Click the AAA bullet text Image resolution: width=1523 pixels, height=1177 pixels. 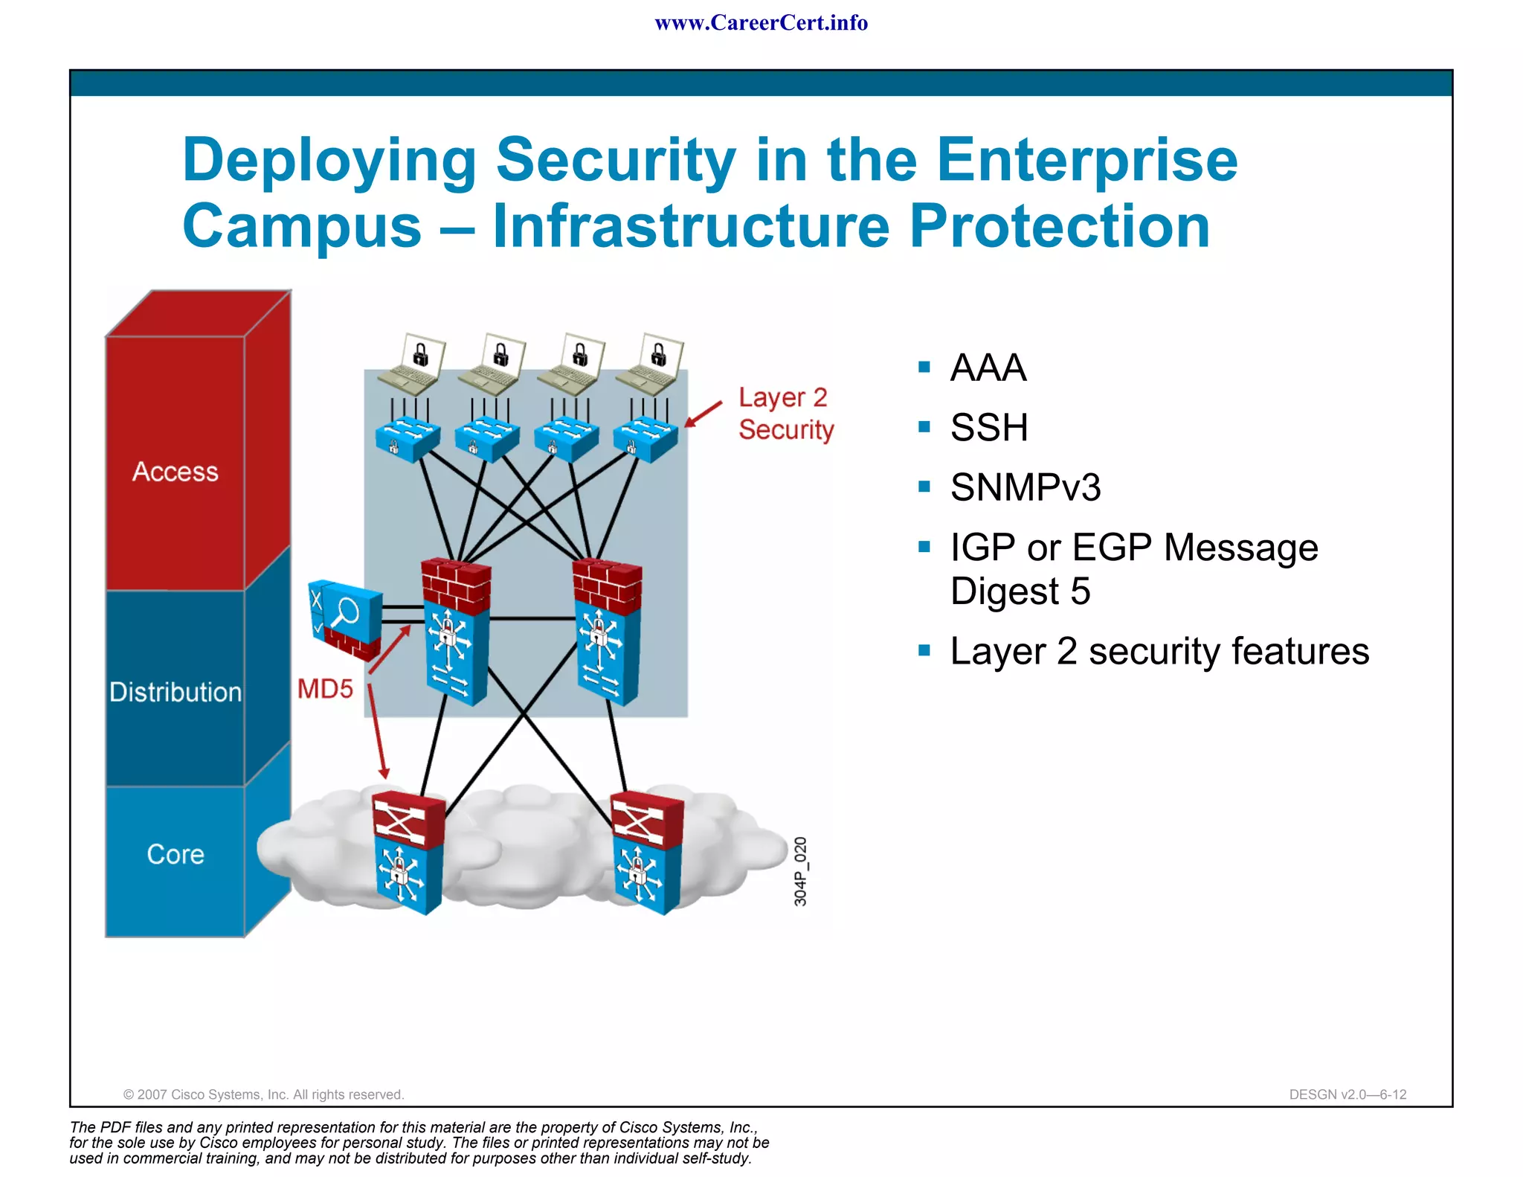pyautogui.click(x=988, y=368)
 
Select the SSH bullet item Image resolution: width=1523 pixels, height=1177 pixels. pyautogui.click(x=988, y=428)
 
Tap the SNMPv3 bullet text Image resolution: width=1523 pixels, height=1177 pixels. pyautogui.click(x=1025, y=487)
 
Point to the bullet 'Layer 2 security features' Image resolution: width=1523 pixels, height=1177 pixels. pyautogui.click(x=1159, y=651)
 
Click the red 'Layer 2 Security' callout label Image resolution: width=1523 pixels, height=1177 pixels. pyautogui.click(x=785, y=414)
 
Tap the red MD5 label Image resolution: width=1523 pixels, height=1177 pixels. pyautogui.click(x=325, y=689)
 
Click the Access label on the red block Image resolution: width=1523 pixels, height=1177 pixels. pyautogui.click(x=176, y=472)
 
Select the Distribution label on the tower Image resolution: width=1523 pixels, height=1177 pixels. pyautogui.click(x=176, y=692)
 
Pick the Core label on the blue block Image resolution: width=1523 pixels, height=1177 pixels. pyautogui.click(x=176, y=854)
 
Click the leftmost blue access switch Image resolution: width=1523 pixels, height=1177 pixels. pyautogui.click(x=407, y=439)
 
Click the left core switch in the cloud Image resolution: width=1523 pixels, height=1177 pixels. pyautogui.click(x=408, y=852)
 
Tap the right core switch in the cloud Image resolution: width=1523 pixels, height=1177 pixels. pyautogui.click(x=645, y=852)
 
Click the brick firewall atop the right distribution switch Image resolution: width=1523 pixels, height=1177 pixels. pyautogui.click(x=607, y=584)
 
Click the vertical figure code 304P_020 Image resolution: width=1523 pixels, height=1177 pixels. pyautogui.click(x=800, y=871)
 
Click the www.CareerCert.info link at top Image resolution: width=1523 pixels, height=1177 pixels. pyautogui.click(x=761, y=23)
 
